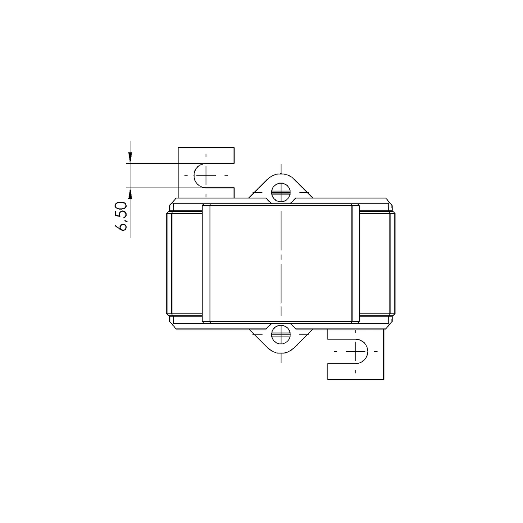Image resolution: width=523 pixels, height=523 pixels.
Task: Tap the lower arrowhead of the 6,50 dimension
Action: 130,193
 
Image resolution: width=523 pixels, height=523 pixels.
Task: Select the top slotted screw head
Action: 281,192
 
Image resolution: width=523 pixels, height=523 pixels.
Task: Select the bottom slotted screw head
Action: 281,334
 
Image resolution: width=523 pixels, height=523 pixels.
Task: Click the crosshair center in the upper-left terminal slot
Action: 206,175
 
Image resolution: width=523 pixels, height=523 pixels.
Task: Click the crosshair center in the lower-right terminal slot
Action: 355,351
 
